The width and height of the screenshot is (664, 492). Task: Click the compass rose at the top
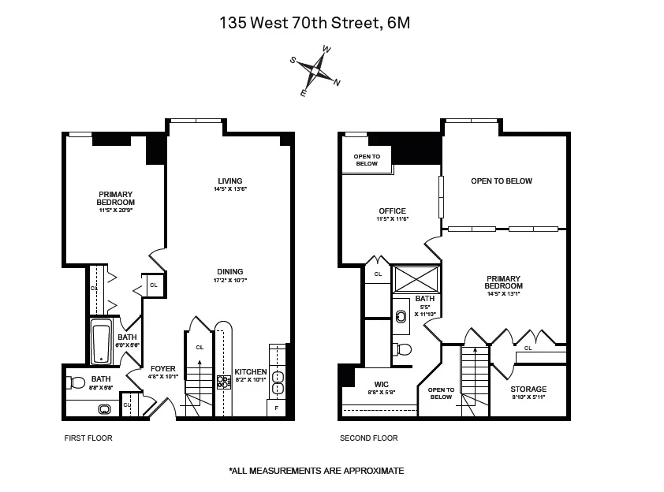[x=315, y=71]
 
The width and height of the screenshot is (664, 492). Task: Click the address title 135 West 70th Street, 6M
[x=315, y=23]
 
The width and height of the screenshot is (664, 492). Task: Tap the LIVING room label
[x=230, y=181]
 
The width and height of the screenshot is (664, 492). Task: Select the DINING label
[x=230, y=272]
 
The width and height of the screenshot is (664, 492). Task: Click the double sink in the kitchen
[x=277, y=381]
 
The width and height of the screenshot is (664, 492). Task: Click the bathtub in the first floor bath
[x=100, y=341]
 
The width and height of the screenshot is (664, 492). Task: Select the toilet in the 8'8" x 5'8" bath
[x=76, y=382]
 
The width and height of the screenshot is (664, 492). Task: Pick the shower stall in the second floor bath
[x=416, y=280]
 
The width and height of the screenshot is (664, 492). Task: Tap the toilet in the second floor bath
[x=403, y=349]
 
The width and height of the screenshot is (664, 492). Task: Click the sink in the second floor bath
[x=401, y=311]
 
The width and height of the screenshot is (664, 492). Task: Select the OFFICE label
[x=392, y=211]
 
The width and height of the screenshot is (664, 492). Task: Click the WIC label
[x=381, y=384]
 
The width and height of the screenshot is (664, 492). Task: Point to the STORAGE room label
[x=528, y=389]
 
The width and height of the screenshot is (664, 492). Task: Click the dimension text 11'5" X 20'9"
[x=116, y=210]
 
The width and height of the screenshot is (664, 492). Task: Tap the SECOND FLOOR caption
[x=368, y=438]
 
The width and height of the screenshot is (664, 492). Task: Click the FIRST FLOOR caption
[x=88, y=438]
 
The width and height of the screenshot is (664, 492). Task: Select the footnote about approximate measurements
[x=315, y=471]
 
